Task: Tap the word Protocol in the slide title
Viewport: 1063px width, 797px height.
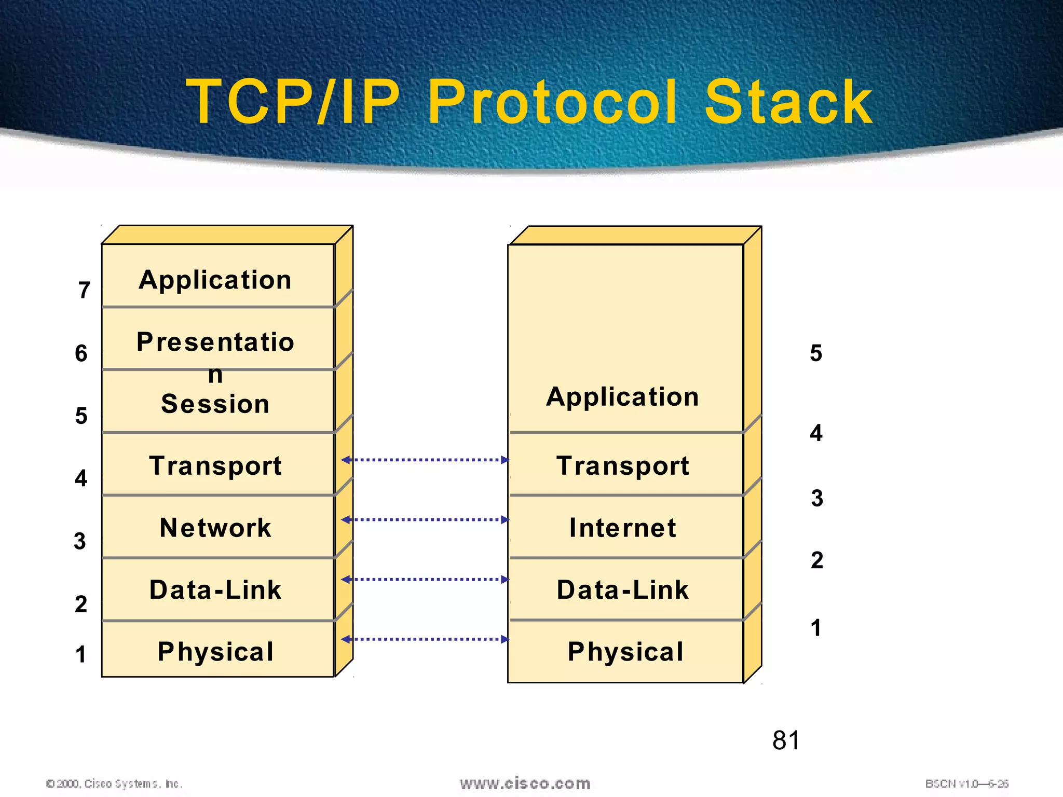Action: point(552,102)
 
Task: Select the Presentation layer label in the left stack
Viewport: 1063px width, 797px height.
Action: point(215,342)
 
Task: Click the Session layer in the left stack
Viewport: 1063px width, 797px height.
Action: point(215,404)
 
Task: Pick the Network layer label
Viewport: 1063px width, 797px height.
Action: point(215,528)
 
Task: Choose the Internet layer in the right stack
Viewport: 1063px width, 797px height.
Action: point(623,528)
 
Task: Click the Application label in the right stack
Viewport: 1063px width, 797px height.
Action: point(623,397)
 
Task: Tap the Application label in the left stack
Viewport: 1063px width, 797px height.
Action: point(215,281)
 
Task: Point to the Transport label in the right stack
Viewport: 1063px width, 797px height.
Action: point(623,466)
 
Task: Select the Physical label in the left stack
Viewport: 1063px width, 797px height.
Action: point(215,652)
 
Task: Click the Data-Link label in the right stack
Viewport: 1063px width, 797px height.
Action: point(623,590)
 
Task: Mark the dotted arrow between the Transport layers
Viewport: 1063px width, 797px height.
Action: point(425,460)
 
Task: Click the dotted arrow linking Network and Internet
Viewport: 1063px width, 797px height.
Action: point(425,519)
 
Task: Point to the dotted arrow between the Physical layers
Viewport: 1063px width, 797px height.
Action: point(425,639)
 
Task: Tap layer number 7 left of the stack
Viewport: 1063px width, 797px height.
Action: point(84,290)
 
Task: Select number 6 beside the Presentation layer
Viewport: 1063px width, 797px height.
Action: point(81,353)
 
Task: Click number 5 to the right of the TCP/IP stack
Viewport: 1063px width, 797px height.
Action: point(816,353)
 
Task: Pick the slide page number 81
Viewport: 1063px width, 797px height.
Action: point(786,740)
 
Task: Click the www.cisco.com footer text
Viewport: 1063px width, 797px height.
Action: point(525,784)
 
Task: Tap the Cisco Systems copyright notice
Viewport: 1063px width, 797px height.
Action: point(115,784)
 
